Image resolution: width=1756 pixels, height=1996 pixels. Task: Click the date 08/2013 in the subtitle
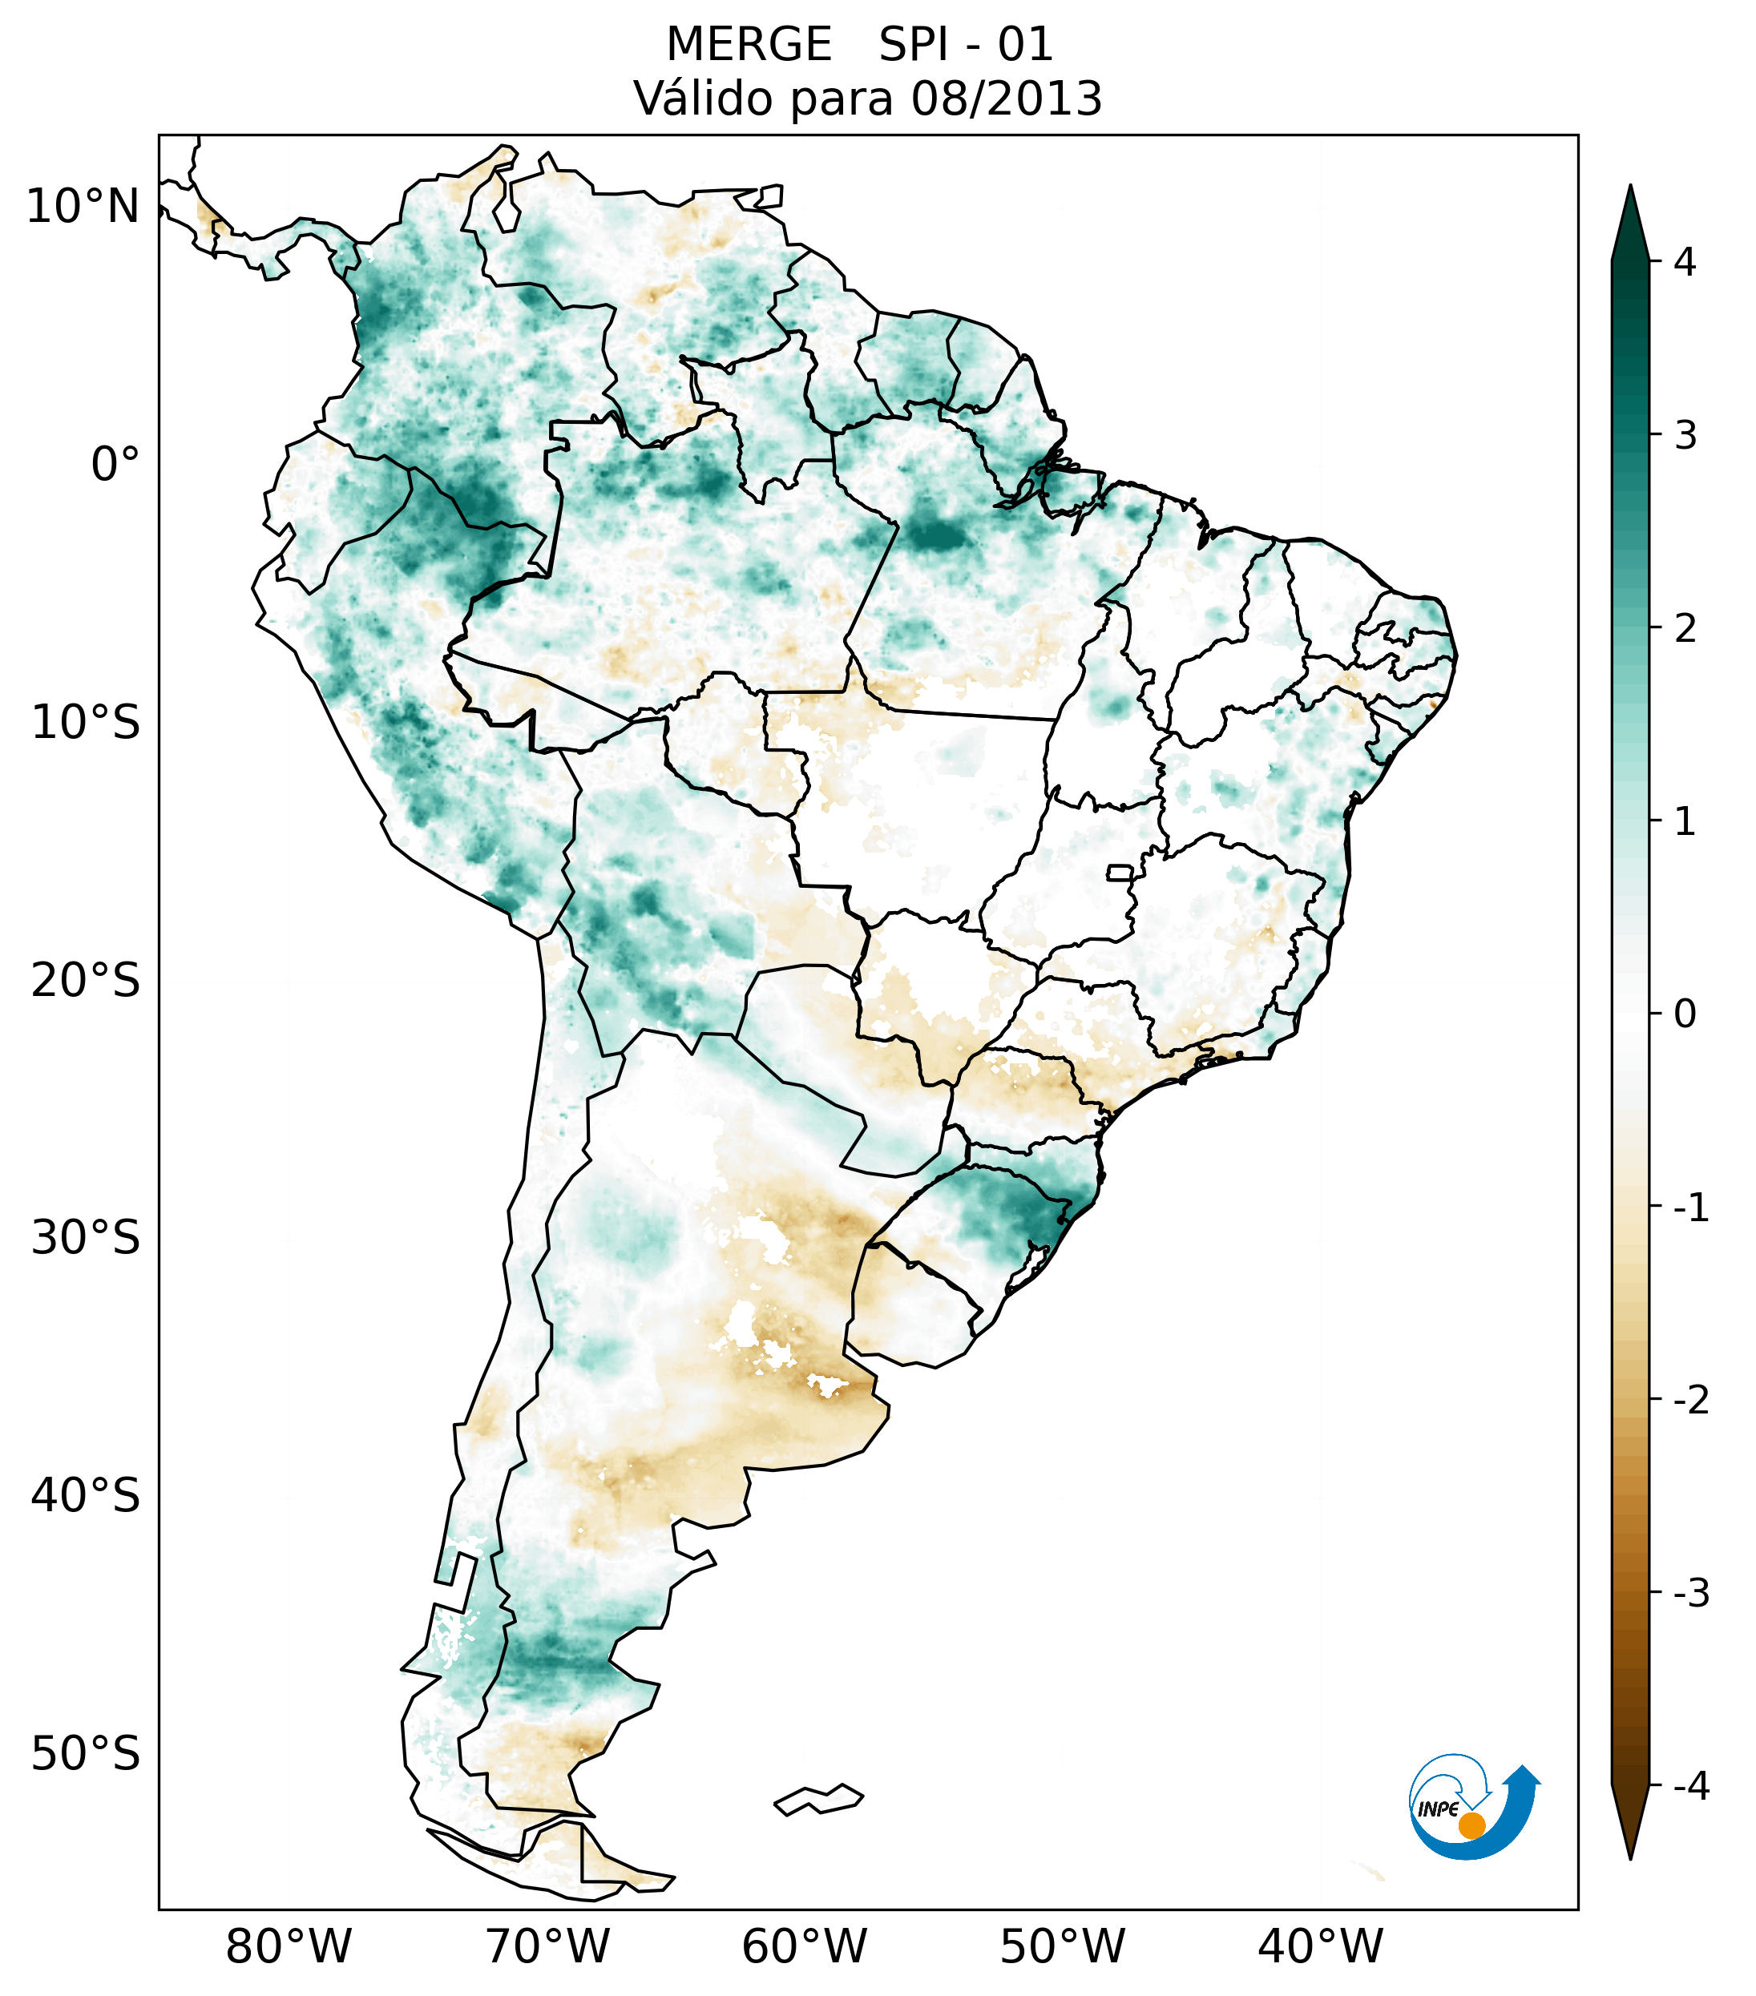point(1006,99)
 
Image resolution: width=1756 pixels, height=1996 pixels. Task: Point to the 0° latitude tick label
point(115,465)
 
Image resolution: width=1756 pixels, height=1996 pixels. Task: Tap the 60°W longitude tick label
point(804,1947)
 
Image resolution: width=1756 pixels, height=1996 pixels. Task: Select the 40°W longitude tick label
point(1321,1947)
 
